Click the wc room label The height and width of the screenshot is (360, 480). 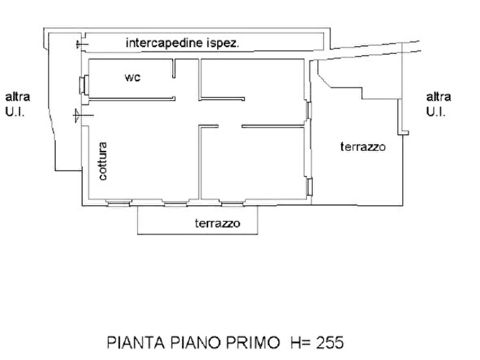click(133, 77)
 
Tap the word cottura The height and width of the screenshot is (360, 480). click(103, 161)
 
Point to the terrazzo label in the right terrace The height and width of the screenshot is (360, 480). click(363, 147)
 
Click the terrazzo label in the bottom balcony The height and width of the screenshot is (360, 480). click(217, 224)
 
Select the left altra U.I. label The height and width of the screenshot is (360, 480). click(17, 104)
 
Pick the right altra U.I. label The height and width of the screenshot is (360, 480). click(439, 104)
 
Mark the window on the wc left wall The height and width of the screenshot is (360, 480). click(84, 85)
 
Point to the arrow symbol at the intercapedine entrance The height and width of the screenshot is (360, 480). click(82, 45)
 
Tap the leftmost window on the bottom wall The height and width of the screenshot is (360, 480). click(118, 203)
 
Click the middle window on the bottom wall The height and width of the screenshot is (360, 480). click(175, 203)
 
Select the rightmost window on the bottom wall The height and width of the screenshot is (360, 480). click(232, 203)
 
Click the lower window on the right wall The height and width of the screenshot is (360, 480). click(309, 187)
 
